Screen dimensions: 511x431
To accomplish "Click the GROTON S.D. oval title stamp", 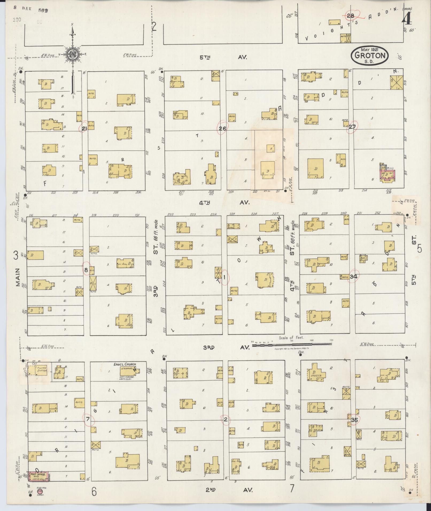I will point(370,56).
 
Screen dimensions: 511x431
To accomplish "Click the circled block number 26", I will point(222,129).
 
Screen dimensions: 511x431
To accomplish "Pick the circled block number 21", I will point(84,129).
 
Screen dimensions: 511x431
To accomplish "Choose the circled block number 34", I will point(354,276).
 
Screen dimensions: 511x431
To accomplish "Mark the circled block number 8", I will point(86,270).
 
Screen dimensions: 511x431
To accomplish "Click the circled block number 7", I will point(88,419).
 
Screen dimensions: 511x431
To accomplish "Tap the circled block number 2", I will point(226,420).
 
